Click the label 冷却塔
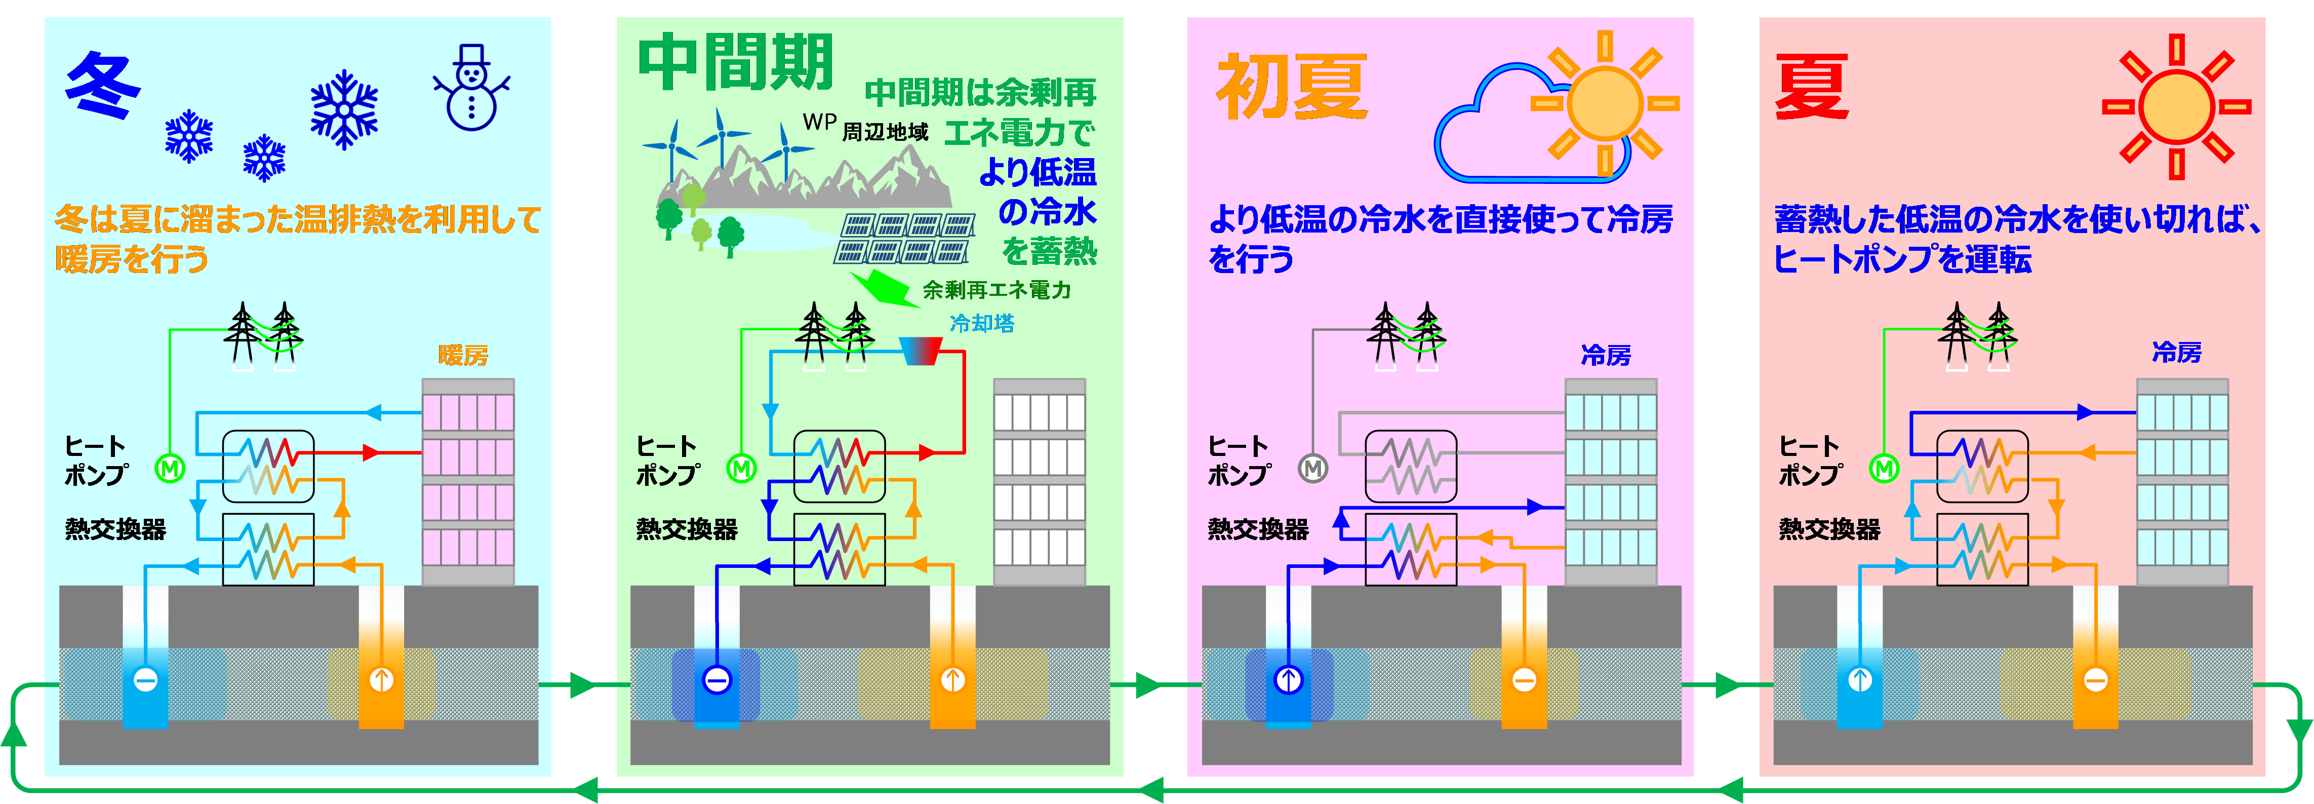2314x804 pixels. click(982, 323)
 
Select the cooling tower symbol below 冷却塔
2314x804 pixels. click(921, 351)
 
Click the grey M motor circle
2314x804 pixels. click(1313, 468)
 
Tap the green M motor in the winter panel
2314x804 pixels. click(170, 468)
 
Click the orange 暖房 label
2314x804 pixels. click(463, 356)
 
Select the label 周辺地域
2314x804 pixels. click(885, 133)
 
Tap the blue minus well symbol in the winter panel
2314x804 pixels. click(145, 680)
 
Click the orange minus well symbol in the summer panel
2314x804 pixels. click(2096, 680)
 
